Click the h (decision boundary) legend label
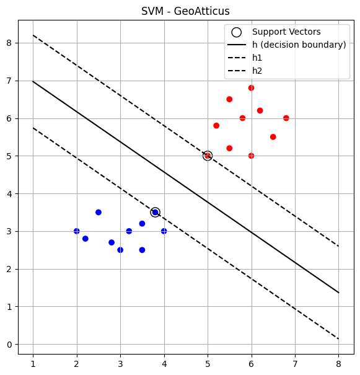pyautogui.click(x=299, y=45)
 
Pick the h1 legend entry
pyautogui.click(x=257, y=58)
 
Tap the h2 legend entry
pyautogui.click(x=257, y=71)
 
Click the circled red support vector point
pyautogui.click(x=208, y=156)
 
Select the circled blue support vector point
pyautogui.click(x=155, y=212)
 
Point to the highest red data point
pyautogui.click(x=251, y=88)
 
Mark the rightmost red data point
pyautogui.click(x=286, y=118)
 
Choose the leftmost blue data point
pyautogui.click(x=76, y=231)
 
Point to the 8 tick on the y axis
pyautogui.click(x=9, y=43)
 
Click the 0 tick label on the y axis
pyautogui.click(x=9, y=345)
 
